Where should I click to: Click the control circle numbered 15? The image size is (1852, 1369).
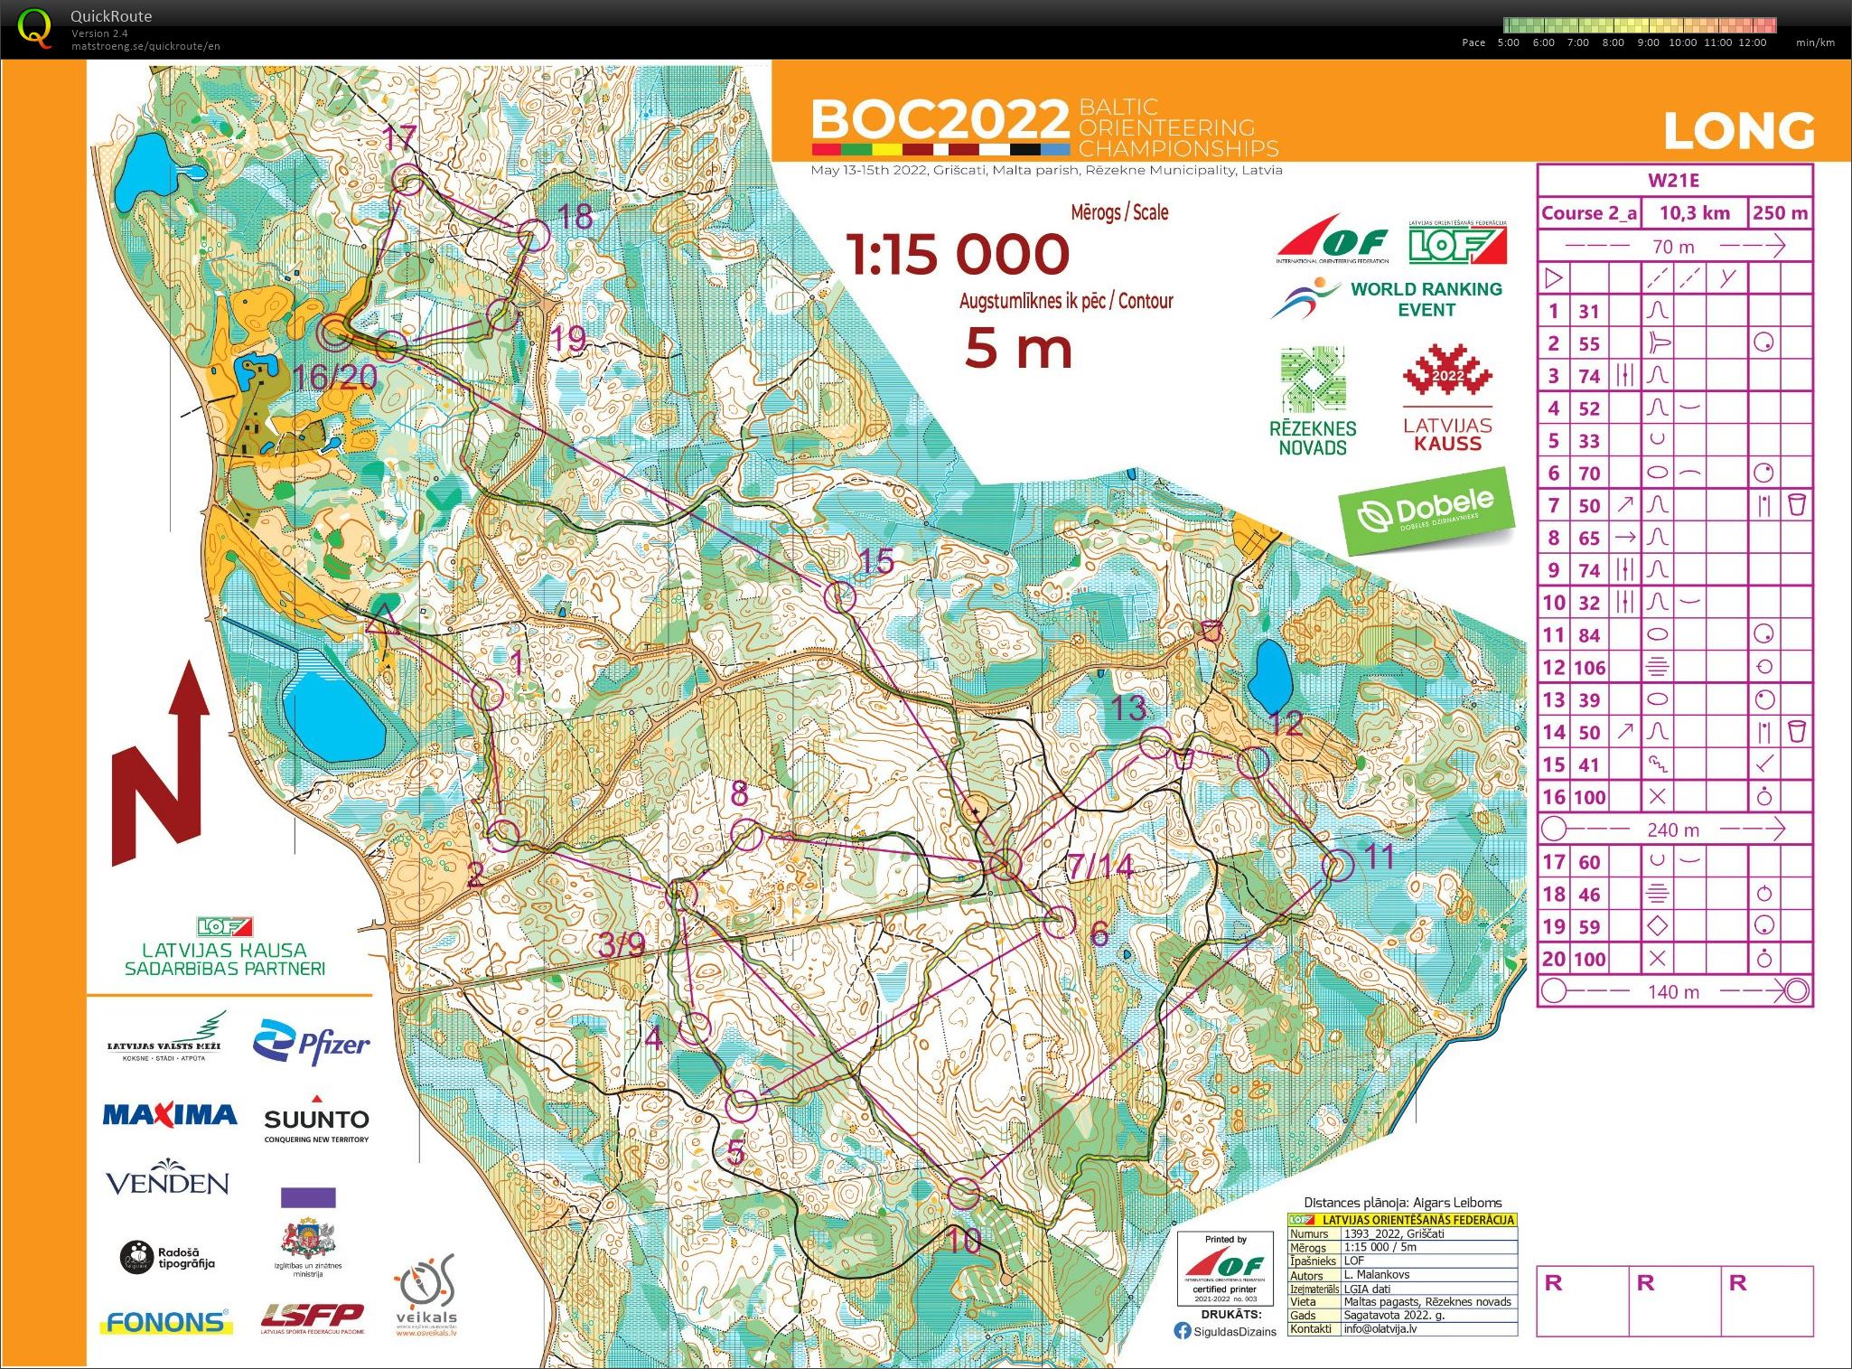(840, 596)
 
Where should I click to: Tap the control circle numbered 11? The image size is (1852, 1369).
(1337, 866)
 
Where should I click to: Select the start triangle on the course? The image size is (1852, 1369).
(383, 620)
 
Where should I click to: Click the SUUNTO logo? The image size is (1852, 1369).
(316, 1121)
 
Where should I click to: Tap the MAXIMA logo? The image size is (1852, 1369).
(170, 1115)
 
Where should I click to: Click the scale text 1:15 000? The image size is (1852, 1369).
(958, 254)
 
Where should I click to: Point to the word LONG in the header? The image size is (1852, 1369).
(1738, 132)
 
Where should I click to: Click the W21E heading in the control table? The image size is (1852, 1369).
(1673, 180)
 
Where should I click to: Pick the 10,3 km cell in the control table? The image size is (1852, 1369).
(1694, 213)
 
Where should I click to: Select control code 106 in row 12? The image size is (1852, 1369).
(1589, 668)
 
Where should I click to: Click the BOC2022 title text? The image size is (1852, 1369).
(940, 120)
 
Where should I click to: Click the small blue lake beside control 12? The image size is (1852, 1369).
(1272, 676)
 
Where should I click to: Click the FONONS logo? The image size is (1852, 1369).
(166, 1322)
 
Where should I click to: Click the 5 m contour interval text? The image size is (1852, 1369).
(1018, 349)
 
